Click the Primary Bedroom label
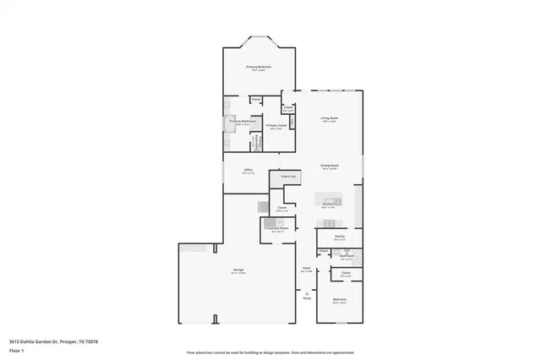[258, 67]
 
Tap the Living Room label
[329, 118]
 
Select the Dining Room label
[329, 166]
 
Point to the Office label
[249, 171]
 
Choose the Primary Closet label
[276, 126]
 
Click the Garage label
[239, 270]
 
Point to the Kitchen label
[329, 204]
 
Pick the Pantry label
[339, 237]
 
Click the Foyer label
[306, 269]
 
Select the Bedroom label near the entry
[339, 300]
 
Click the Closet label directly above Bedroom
[346, 272]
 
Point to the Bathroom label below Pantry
[347, 255]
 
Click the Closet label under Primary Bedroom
[255, 100]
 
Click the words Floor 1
[18, 352]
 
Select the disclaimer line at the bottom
[270, 352]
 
